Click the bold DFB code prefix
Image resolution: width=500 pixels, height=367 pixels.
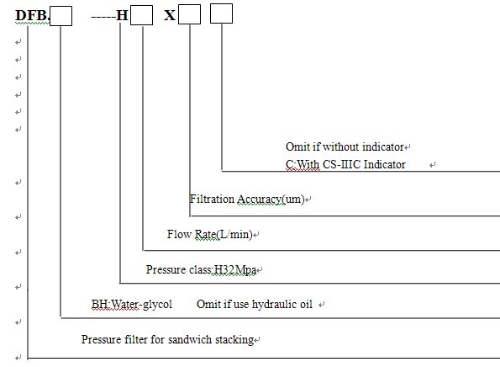point(32,15)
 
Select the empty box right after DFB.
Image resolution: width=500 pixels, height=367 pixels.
point(61,16)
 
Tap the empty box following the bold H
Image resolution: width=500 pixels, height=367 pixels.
point(141,15)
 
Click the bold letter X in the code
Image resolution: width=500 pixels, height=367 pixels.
point(170,15)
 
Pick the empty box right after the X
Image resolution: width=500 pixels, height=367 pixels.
point(189,14)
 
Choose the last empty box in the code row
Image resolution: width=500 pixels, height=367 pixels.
point(221,13)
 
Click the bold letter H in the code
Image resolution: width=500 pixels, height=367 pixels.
point(122,15)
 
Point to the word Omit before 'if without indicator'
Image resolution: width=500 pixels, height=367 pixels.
point(297,147)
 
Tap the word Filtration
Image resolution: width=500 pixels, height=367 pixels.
point(212,199)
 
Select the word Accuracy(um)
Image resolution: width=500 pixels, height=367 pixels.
point(271,199)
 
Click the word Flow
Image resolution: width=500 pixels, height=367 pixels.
point(179,234)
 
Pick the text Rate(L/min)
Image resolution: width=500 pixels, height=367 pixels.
point(224,235)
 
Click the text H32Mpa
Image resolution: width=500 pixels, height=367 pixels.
point(235,269)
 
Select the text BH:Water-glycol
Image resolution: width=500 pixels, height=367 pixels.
point(132,305)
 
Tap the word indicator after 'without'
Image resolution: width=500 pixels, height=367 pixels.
point(383,147)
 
